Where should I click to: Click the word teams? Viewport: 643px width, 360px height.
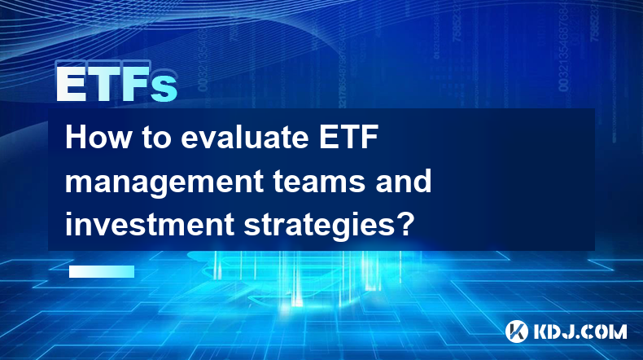pos(319,182)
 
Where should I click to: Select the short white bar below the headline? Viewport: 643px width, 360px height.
pos(102,271)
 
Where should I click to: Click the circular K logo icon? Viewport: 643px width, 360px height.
pos(517,331)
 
